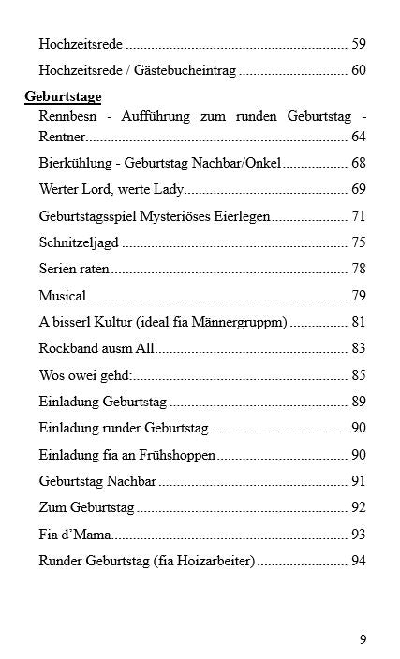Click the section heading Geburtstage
click(x=63, y=96)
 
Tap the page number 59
click(x=358, y=43)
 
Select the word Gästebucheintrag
click(x=185, y=70)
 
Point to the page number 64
click(x=358, y=137)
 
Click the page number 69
click(x=358, y=189)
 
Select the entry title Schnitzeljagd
click(x=79, y=242)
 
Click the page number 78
click(x=358, y=269)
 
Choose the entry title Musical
click(x=62, y=296)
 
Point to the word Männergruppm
click(x=244, y=322)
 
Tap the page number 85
click(x=358, y=375)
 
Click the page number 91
click(x=358, y=481)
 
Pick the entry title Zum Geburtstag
click(x=86, y=508)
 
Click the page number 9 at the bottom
click(x=363, y=639)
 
